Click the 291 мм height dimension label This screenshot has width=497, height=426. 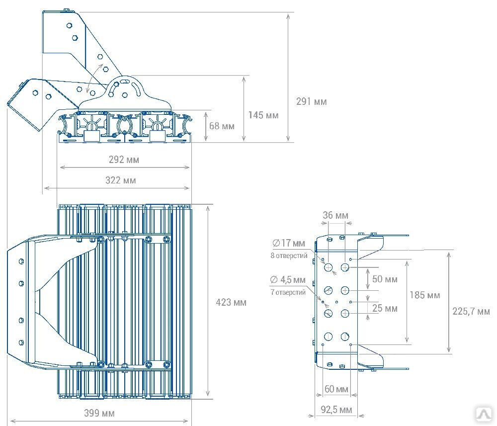click(311, 101)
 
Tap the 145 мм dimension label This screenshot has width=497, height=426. click(263, 115)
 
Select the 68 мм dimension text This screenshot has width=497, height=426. click(222, 126)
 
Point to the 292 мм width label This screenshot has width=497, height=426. click(124, 160)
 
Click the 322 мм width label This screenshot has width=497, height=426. click(120, 180)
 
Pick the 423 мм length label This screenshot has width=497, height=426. click(231, 302)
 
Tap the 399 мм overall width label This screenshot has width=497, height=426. click(99, 413)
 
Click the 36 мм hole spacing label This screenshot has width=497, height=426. click(335, 215)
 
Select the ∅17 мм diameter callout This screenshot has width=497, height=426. click(288, 243)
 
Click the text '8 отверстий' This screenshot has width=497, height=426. click(289, 256)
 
